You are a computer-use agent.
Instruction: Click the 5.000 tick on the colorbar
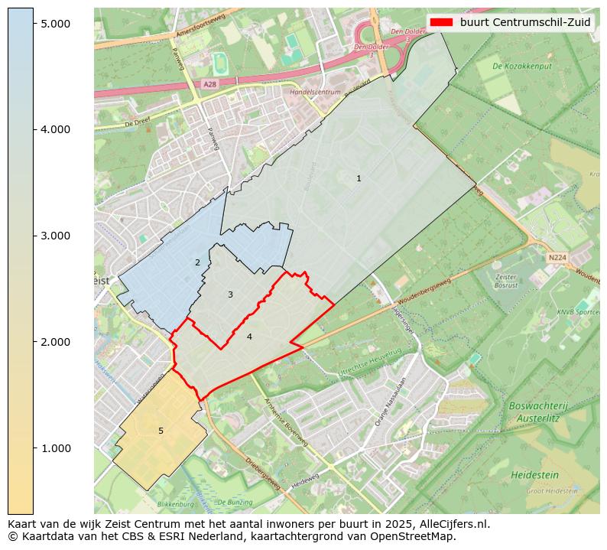coord(55,24)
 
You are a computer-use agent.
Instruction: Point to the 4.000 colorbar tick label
coord(55,129)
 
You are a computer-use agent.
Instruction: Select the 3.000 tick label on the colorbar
coord(55,236)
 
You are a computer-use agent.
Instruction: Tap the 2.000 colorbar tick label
coord(55,342)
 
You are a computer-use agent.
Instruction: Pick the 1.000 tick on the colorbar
coord(55,447)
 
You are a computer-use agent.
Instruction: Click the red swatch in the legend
coord(441,22)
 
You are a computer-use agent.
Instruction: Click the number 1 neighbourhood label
coord(359,178)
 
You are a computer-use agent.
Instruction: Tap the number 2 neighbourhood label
coord(197,262)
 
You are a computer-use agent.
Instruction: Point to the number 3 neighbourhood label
coord(230,295)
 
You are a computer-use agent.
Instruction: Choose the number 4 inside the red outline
coord(249,337)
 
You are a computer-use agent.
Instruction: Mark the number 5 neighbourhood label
coord(161,431)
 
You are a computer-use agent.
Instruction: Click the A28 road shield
coord(210,83)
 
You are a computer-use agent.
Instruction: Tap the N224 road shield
coord(558,259)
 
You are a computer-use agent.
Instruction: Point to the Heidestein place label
coord(535,474)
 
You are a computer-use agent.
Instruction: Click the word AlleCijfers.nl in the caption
coord(448,524)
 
